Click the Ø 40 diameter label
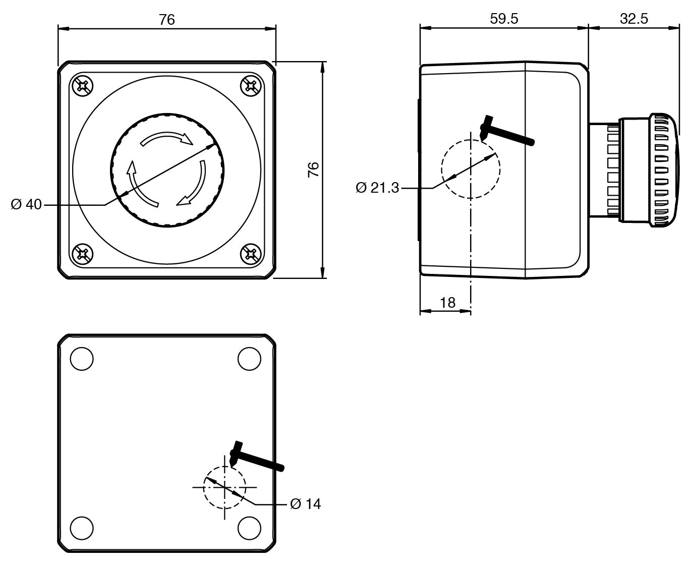point(26,205)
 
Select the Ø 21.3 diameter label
point(377,188)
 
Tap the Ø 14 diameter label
point(306,503)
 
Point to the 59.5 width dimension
point(504,19)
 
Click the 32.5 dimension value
point(634,19)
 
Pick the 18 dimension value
point(447,302)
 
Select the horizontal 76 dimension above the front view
point(166,20)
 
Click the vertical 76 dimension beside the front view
point(314,169)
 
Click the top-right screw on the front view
point(250,86)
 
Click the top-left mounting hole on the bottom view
point(82,359)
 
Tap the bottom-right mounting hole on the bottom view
point(249,527)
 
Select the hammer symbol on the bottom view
point(255,457)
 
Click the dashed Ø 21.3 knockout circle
point(471,169)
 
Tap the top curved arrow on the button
point(166,138)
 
